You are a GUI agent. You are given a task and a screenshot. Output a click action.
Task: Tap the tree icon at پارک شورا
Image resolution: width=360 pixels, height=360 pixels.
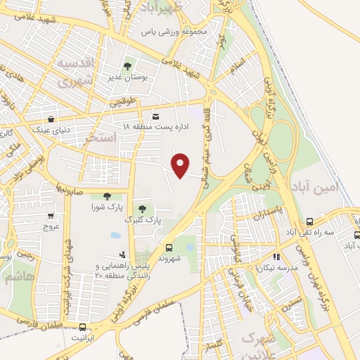click(x=107, y=196)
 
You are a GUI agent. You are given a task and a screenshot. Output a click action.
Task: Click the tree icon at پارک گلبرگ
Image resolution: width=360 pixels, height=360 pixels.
click(x=143, y=209)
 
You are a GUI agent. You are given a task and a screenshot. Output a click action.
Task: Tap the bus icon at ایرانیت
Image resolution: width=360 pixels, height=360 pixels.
click(x=83, y=327)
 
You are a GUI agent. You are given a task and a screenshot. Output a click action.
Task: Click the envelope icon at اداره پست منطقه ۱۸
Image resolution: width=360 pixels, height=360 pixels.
click(x=155, y=117)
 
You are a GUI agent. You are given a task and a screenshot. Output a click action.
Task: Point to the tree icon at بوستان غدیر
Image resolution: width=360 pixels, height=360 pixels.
click(x=128, y=67)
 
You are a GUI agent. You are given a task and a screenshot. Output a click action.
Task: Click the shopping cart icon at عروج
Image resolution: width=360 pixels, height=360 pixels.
click(x=51, y=216)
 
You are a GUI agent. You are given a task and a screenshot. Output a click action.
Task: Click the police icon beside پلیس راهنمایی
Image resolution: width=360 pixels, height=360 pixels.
click(x=123, y=254)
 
